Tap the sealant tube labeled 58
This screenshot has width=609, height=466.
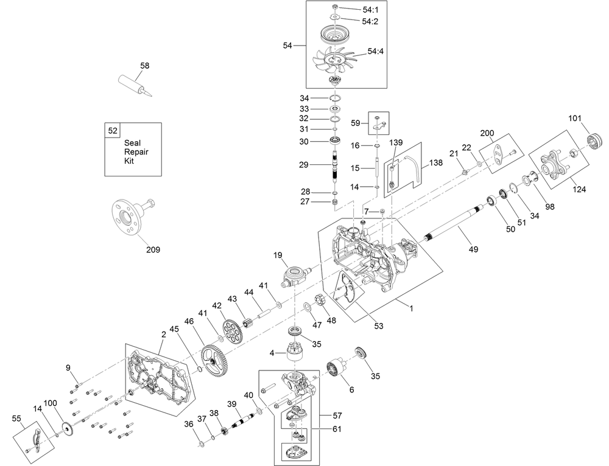point(135,85)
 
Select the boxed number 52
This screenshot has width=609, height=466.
point(113,131)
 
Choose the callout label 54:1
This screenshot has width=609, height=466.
point(370,10)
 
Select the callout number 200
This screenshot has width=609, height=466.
point(487,133)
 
